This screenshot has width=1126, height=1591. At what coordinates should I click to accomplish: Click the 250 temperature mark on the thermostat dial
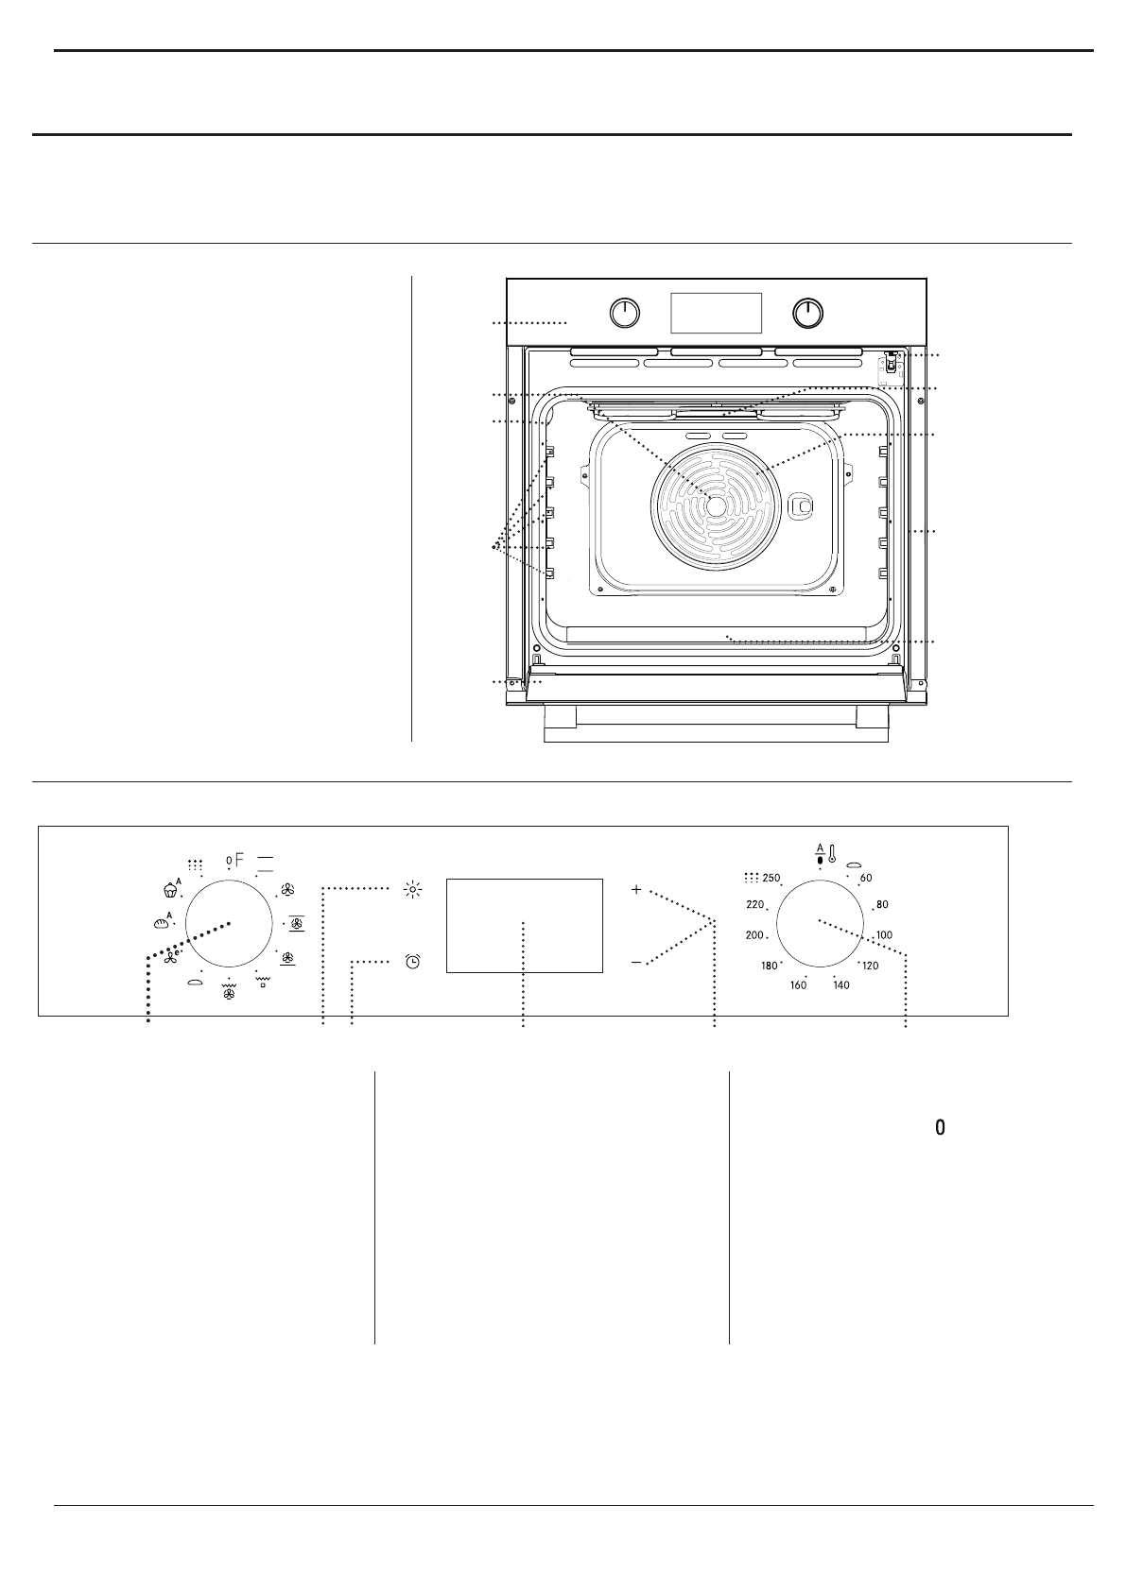pos(771,878)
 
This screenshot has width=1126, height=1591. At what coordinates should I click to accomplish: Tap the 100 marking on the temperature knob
pos(884,935)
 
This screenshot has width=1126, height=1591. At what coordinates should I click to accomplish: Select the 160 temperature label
pos(798,985)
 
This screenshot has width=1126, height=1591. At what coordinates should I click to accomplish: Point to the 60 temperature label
pos(866,879)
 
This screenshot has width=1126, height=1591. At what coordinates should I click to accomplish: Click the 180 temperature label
pos(769,967)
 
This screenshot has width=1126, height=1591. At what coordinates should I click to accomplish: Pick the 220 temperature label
pos(754,904)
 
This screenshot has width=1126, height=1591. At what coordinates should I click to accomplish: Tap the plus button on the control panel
pos(636,890)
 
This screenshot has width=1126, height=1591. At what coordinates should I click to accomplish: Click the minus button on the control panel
pos(636,962)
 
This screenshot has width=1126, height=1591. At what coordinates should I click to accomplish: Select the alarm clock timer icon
pos(412,962)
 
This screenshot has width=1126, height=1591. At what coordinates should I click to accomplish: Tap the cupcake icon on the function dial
pos(171,888)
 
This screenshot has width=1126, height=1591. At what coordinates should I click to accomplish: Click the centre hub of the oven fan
pos(716,506)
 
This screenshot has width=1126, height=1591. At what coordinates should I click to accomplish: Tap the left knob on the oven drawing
pos(624,313)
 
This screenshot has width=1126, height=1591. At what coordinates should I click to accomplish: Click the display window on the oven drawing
pos(716,312)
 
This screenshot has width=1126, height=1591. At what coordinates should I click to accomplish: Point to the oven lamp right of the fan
pos(802,506)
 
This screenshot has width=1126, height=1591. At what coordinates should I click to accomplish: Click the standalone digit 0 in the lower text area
pos(940,1127)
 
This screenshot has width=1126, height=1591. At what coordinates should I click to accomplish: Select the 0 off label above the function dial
pos(229,860)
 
